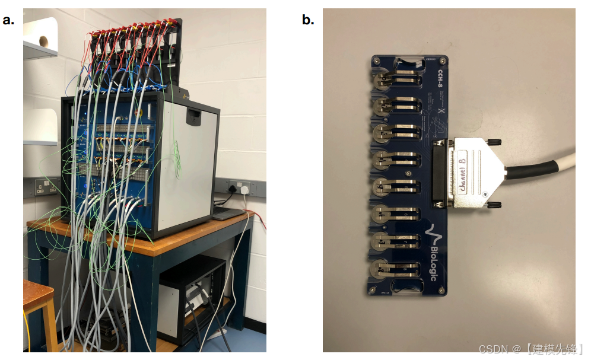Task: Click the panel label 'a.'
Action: (8, 20)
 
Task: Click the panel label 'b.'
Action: (308, 20)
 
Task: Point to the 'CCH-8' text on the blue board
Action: (440, 80)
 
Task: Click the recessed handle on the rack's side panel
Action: (193, 116)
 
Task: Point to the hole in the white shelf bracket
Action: (42, 40)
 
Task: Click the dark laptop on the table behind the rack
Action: (228, 213)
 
